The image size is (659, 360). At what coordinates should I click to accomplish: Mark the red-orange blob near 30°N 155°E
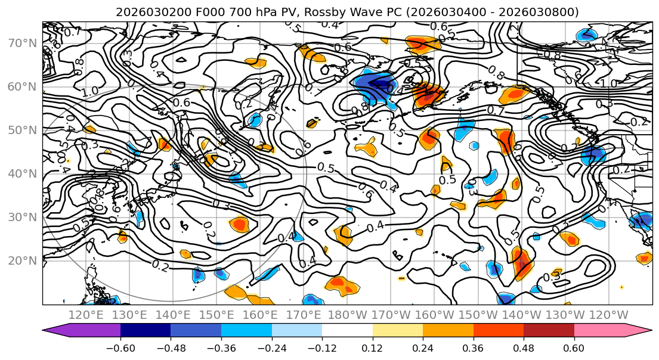pos(240,224)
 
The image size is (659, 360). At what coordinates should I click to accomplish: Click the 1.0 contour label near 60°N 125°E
pos(91,92)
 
